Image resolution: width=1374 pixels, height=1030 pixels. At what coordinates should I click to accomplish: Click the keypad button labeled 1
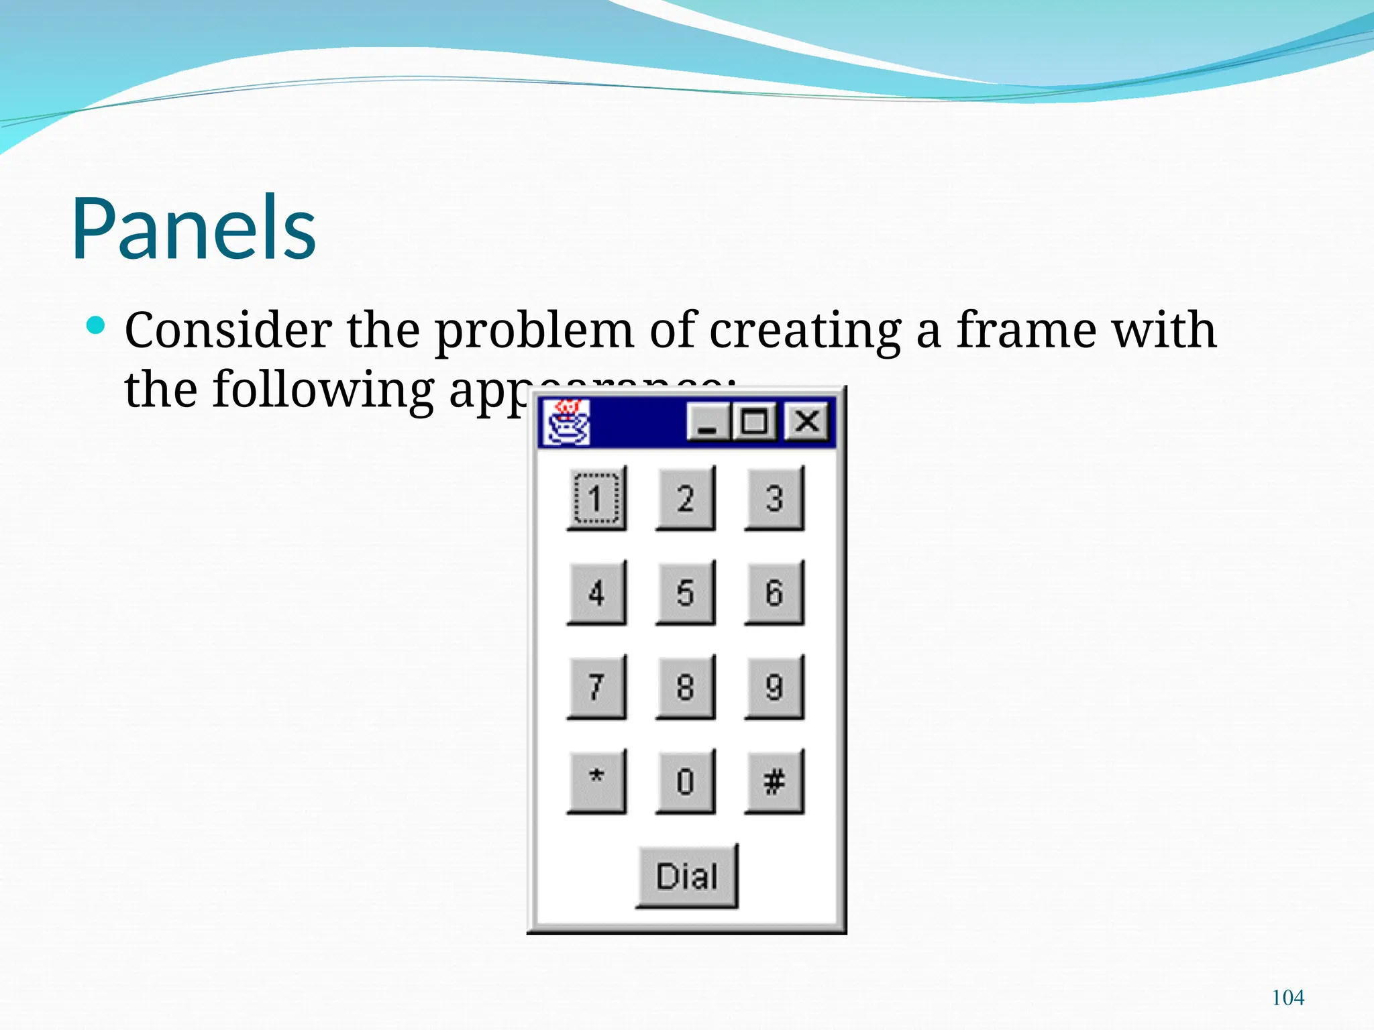(596, 498)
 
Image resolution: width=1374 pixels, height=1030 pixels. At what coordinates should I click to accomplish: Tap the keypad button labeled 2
(685, 498)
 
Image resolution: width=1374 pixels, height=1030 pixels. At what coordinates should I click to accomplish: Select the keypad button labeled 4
(596, 593)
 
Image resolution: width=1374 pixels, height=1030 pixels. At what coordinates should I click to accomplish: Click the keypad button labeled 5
(685, 593)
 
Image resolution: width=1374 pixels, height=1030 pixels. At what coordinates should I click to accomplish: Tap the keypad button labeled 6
(774, 593)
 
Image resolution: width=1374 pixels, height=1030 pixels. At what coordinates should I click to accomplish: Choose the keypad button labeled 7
(596, 687)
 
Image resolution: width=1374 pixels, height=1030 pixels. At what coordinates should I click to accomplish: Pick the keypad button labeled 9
(774, 687)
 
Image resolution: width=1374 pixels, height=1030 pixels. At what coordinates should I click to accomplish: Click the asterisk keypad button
(596, 781)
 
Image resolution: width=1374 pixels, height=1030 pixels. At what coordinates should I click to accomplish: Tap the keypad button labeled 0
(685, 781)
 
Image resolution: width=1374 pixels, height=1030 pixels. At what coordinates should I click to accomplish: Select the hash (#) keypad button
(774, 781)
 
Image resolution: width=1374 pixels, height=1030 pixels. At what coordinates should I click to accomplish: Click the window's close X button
(806, 422)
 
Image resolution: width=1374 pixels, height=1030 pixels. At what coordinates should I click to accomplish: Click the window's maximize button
(755, 422)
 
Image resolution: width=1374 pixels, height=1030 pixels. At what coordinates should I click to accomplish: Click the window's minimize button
(708, 422)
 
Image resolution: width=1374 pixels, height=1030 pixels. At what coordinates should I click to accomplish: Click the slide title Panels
(194, 227)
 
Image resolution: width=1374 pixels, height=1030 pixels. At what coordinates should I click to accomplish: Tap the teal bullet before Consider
(96, 326)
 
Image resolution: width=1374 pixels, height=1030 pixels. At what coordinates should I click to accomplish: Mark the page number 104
(1287, 997)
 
